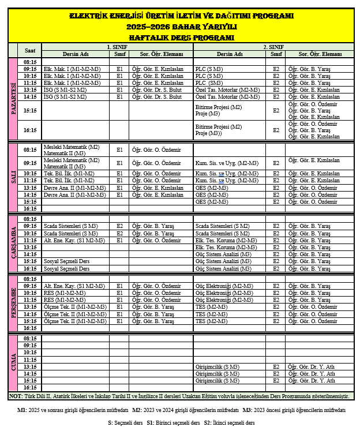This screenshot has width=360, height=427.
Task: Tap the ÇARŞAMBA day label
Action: [13, 244]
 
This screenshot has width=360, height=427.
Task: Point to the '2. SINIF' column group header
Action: [273, 46]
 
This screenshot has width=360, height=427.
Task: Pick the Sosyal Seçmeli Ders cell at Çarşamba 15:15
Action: [67, 261]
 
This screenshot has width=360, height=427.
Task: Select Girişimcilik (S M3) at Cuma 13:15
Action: [217, 366]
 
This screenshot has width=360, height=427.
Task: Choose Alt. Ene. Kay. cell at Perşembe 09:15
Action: [74, 286]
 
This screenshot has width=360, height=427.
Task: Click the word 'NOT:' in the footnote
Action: [16, 396]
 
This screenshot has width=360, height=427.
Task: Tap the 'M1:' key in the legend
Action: [22, 410]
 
